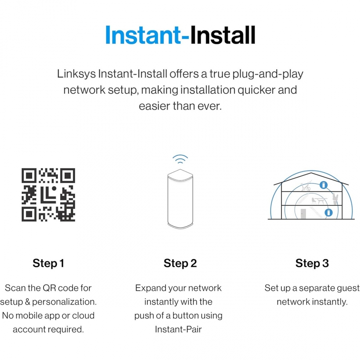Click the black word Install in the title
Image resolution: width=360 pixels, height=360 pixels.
223,35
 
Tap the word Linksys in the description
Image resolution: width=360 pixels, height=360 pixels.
76,74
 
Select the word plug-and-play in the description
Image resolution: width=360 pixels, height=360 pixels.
268,74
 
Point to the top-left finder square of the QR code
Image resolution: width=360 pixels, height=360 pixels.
29,176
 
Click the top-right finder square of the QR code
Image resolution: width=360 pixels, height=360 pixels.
68,176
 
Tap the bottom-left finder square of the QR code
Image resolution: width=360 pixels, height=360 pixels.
29,214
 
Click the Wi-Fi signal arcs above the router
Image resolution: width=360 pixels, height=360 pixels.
180,159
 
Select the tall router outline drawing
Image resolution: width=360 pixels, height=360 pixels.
180,199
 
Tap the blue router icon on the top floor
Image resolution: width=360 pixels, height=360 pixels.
323,185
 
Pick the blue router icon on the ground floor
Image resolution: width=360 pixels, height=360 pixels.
329,212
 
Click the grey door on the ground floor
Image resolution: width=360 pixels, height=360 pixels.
303,214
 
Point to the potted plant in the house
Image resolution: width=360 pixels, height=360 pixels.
335,199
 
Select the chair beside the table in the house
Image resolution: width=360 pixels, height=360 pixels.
314,201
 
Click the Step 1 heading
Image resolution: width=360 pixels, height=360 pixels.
48,263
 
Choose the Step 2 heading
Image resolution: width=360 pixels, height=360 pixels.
180,263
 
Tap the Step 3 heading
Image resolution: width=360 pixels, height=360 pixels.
312,263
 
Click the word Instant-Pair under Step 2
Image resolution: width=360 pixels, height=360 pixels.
178,330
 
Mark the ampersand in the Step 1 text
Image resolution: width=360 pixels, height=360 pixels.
27,302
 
